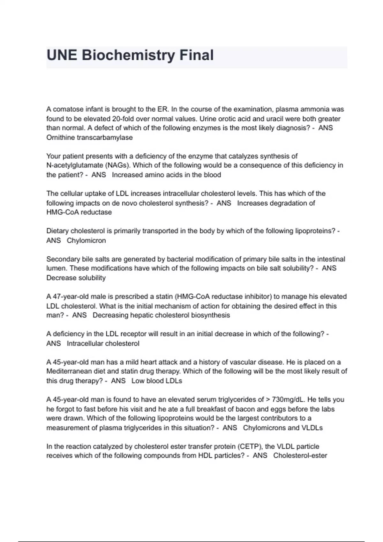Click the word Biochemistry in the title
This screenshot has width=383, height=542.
click(128, 55)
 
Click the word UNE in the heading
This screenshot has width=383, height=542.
click(62, 55)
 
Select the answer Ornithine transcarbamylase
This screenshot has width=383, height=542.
click(89, 137)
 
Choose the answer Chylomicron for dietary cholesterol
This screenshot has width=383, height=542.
click(86, 240)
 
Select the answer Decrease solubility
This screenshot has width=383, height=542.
click(76, 278)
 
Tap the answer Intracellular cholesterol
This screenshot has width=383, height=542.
click(103, 343)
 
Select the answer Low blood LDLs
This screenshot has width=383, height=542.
click(157, 381)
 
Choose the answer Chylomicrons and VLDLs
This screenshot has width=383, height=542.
click(283, 428)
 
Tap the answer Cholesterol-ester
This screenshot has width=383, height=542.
click(300, 456)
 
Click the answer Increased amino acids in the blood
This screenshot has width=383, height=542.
click(166, 175)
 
